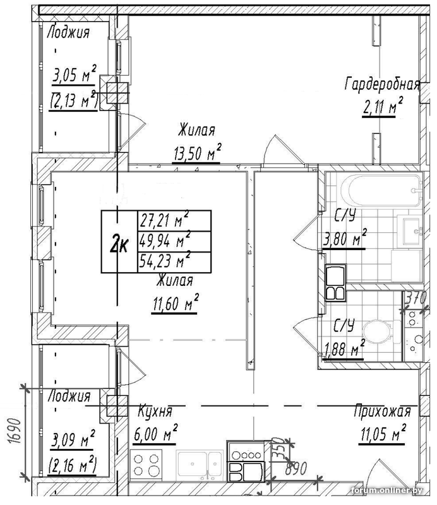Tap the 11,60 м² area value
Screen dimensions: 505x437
click(175, 304)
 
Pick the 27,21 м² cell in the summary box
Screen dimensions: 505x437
click(164, 221)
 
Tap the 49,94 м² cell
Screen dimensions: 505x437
click(164, 241)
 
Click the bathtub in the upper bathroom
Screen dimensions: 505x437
click(379, 189)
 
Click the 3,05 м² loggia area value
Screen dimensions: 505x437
click(73, 77)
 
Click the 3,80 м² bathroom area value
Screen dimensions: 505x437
click(345, 239)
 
